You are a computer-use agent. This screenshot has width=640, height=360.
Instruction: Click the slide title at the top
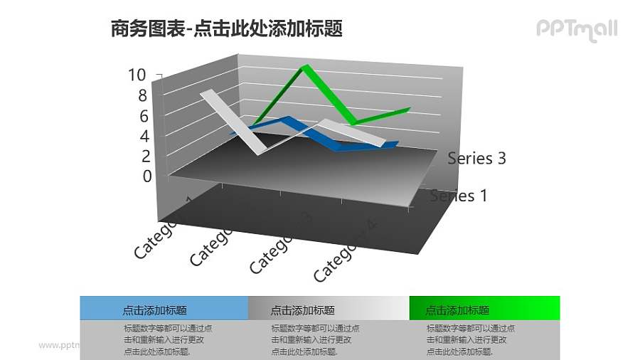pos(227,28)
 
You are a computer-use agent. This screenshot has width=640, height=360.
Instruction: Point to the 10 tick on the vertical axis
pos(137,75)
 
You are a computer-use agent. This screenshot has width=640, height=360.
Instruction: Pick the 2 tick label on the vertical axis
pos(146,157)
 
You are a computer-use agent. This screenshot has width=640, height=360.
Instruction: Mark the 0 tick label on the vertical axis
pos(147,176)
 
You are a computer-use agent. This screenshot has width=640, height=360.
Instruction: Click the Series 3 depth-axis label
pos(476,159)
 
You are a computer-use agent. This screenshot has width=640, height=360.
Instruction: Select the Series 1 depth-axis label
pos(459,196)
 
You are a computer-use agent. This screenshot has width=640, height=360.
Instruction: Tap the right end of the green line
pos(409,109)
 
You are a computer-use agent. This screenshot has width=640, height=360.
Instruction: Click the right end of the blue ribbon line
pos(395,144)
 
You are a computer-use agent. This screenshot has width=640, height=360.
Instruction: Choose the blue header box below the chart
pos(164,309)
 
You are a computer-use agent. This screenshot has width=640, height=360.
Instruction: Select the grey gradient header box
pos(329,309)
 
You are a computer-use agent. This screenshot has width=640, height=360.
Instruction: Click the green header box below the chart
pos(484,309)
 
